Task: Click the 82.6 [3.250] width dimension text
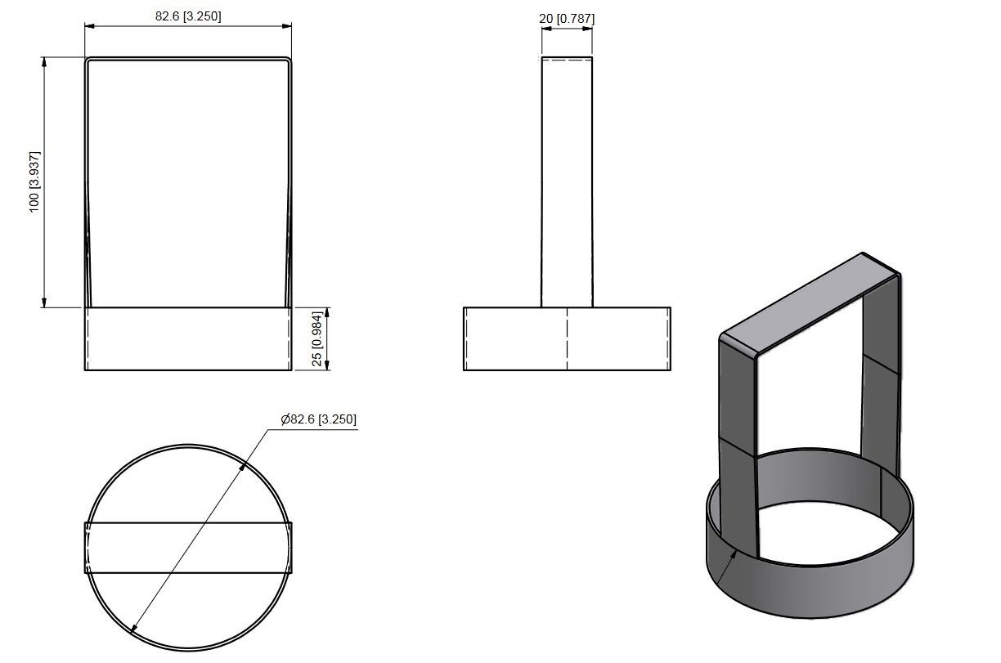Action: point(188,16)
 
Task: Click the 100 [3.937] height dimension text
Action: point(34,181)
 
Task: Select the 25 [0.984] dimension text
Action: point(316,339)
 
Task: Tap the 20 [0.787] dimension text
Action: point(567,19)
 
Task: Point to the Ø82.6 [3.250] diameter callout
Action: point(319,419)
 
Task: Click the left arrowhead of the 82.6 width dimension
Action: point(90,26)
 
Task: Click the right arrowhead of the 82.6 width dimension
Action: point(286,26)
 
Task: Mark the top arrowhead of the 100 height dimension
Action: point(44,62)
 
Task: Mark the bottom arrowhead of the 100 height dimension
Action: point(44,302)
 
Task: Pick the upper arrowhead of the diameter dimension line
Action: point(242,465)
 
